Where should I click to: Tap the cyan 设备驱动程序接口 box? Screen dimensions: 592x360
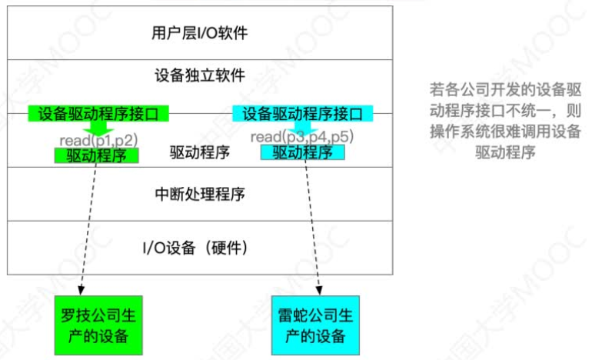coord(302,114)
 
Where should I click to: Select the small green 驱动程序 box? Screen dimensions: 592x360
coord(96,155)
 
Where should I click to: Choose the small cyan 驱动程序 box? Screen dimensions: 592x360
coord(302,152)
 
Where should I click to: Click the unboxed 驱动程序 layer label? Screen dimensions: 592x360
coord(200,152)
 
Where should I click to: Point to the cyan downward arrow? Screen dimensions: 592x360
coord(302,127)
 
